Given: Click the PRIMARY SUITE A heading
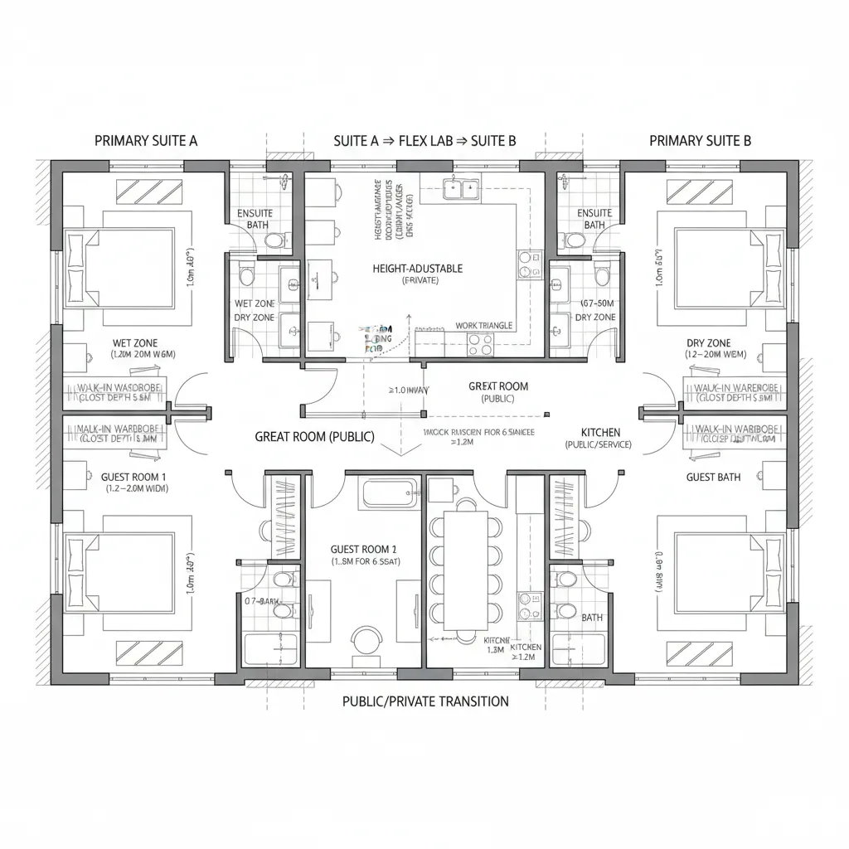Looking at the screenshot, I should tap(146, 140).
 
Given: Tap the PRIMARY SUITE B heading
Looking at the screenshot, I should tap(701, 140).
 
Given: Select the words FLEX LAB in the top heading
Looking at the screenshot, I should tap(424, 140).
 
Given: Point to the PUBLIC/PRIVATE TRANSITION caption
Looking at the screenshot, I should tap(425, 701).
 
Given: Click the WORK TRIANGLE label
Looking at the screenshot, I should tap(484, 326).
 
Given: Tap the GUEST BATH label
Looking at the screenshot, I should tap(713, 477).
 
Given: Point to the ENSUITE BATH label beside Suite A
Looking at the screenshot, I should tap(255, 219).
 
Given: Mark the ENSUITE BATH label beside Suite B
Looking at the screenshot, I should tap(594, 219).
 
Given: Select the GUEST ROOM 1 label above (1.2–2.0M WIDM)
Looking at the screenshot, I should tap(133, 477).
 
